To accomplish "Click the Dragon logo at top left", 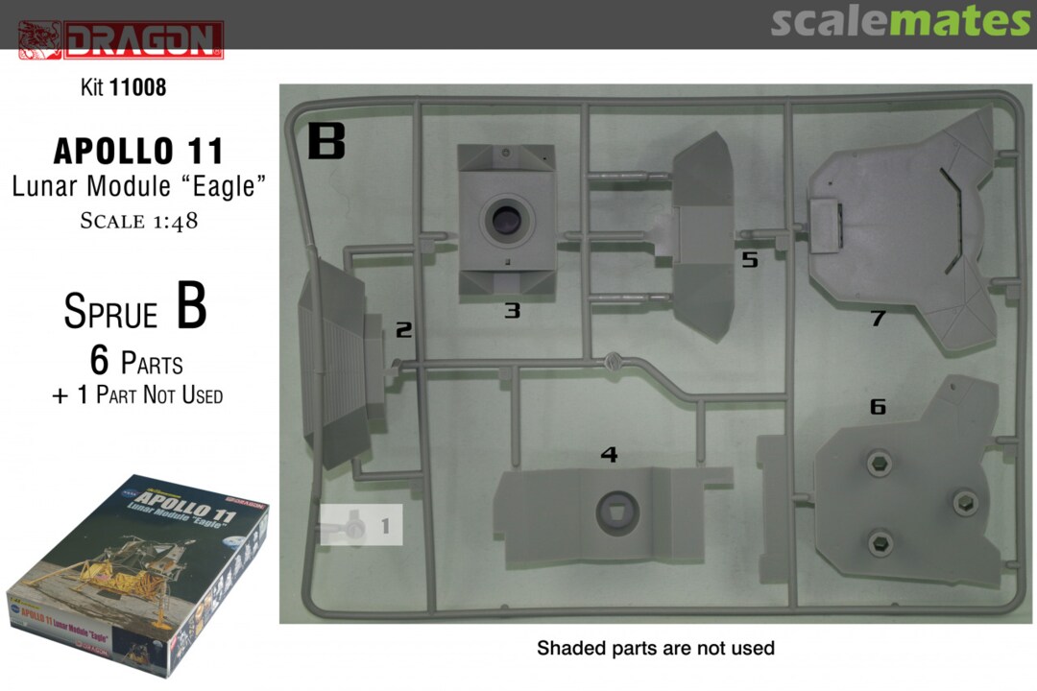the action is point(121,39).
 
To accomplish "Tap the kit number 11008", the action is point(137,87).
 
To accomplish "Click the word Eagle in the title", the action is point(224,186).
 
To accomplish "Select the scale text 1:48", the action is point(169,222).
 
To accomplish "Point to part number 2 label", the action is point(403,329).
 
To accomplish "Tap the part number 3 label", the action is point(513,310).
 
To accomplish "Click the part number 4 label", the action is point(609,454).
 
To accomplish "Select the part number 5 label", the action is point(749,259).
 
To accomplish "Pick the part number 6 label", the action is point(878,406).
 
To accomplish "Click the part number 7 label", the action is point(879,318).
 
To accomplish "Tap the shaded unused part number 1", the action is point(361,525).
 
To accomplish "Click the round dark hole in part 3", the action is point(507,219).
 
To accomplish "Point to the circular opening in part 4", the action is point(617,512).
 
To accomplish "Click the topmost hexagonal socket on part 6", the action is point(879,464).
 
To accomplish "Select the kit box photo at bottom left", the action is point(137,575).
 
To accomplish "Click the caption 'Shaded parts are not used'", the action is point(656,648).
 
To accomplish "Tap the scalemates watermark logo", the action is point(900,22).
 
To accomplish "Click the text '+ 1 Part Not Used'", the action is point(137,394).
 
